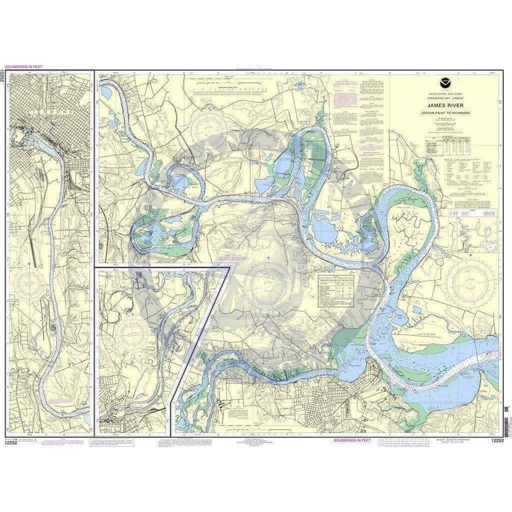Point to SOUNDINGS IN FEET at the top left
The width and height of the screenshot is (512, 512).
(x=22, y=66)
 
